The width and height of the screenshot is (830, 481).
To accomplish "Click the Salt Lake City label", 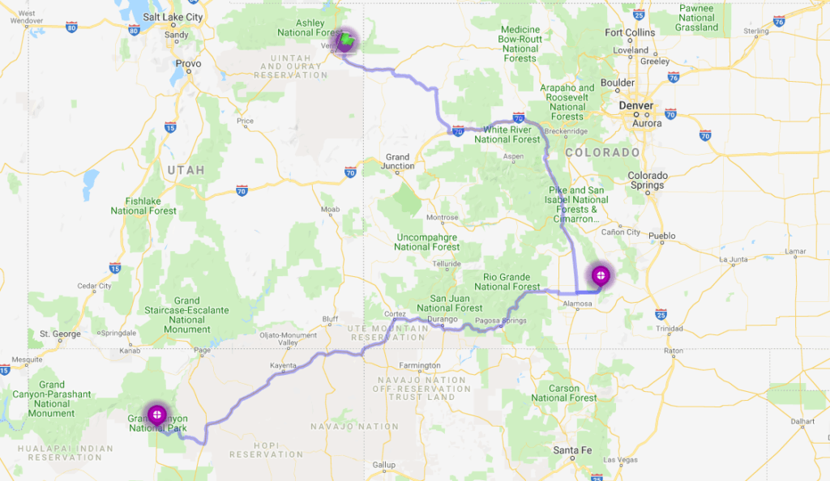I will pyautogui.click(x=172, y=16).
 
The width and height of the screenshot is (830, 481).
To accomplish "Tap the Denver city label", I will pyautogui.click(x=635, y=106).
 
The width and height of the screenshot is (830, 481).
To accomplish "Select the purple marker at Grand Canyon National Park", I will pyautogui.click(x=156, y=415).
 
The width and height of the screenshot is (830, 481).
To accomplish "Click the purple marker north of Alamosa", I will pyautogui.click(x=601, y=275).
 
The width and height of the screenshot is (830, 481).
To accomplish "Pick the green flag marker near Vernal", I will pyautogui.click(x=345, y=40).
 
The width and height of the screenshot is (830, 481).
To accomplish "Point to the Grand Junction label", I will pyautogui.click(x=397, y=161).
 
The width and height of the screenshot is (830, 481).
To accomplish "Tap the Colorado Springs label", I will pyautogui.click(x=647, y=180).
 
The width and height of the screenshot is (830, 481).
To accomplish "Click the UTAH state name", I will pyautogui.click(x=186, y=170).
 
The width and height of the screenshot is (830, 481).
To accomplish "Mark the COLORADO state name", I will pyautogui.click(x=601, y=152).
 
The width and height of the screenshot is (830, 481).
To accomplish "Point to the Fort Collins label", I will pyautogui.click(x=630, y=33).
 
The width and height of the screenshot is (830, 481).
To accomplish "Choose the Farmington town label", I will pyautogui.click(x=420, y=365).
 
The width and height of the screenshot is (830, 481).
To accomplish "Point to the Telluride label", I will pyautogui.click(x=446, y=264).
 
